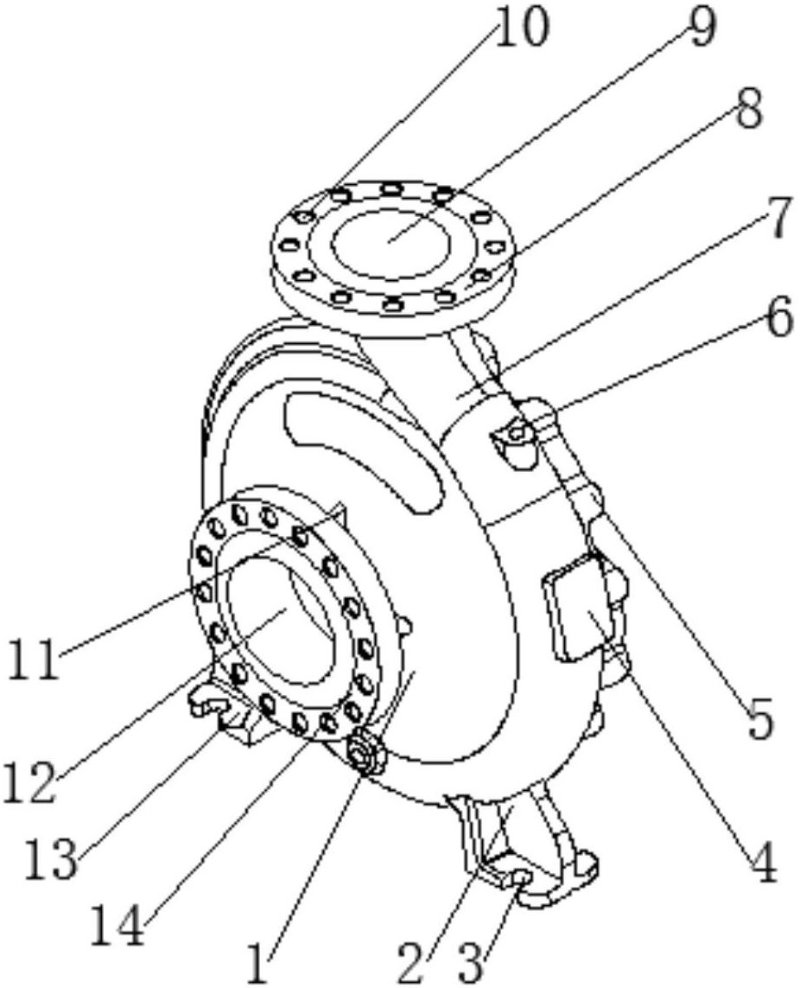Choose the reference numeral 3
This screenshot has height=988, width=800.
(474, 961)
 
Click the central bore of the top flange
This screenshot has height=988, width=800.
(390, 244)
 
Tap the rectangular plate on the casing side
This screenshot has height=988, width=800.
(575, 605)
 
